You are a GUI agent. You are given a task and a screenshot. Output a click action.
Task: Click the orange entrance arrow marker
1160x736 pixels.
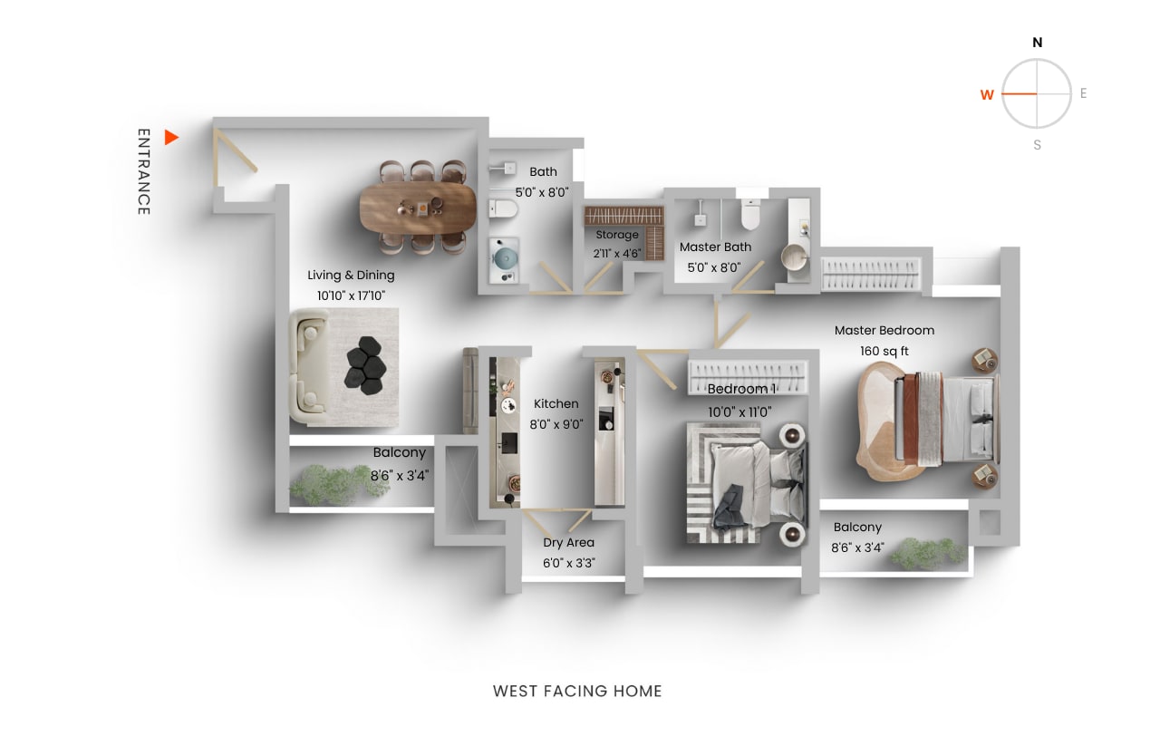point(170,138)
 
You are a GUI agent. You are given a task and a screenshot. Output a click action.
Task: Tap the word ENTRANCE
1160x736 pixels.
point(143,172)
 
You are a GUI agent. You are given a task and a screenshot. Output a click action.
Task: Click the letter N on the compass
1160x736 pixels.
point(1038,43)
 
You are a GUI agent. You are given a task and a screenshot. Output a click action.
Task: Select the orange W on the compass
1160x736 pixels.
point(987,94)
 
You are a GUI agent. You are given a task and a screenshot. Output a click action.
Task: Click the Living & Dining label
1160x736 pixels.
point(351,275)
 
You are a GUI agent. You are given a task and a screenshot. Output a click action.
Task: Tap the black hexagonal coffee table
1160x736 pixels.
point(367,365)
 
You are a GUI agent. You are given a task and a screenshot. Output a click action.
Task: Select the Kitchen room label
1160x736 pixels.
point(556,403)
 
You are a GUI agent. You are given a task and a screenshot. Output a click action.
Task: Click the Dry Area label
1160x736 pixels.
point(568,543)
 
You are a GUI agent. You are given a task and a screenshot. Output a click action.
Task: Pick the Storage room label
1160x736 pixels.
point(617,235)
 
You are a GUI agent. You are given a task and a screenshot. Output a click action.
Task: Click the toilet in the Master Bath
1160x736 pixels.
point(750,215)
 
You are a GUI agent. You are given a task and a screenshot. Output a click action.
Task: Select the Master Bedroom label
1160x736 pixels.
point(884,330)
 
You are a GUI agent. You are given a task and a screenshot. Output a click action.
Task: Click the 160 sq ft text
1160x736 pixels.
point(884,351)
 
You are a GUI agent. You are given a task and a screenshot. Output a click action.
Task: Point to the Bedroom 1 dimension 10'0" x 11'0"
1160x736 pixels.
point(739,412)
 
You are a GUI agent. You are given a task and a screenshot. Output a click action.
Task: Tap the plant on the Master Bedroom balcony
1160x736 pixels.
point(916,553)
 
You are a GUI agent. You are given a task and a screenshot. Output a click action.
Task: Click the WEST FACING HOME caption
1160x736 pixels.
point(577,691)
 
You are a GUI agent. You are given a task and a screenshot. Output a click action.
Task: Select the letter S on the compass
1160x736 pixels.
point(1038,145)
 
